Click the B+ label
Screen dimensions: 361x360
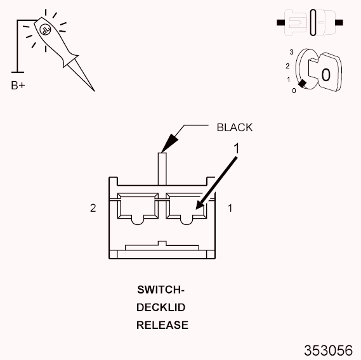pyautogui.click(x=18, y=86)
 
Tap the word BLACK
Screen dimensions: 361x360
pyautogui.click(x=235, y=127)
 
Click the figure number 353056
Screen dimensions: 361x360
pyautogui.click(x=328, y=350)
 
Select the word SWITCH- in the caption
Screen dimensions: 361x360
pyautogui.click(x=161, y=290)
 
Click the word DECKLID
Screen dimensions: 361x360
pyautogui.click(x=161, y=307)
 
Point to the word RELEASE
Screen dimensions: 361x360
pyautogui.click(x=162, y=325)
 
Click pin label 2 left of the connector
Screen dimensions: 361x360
pyautogui.click(x=93, y=208)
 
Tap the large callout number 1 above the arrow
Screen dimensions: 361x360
pyautogui.click(x=237, y=148)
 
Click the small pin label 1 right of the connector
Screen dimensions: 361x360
pyautogui.click(x=230, y=208)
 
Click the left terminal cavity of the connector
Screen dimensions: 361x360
pyautogui.click(x=138, y=208)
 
